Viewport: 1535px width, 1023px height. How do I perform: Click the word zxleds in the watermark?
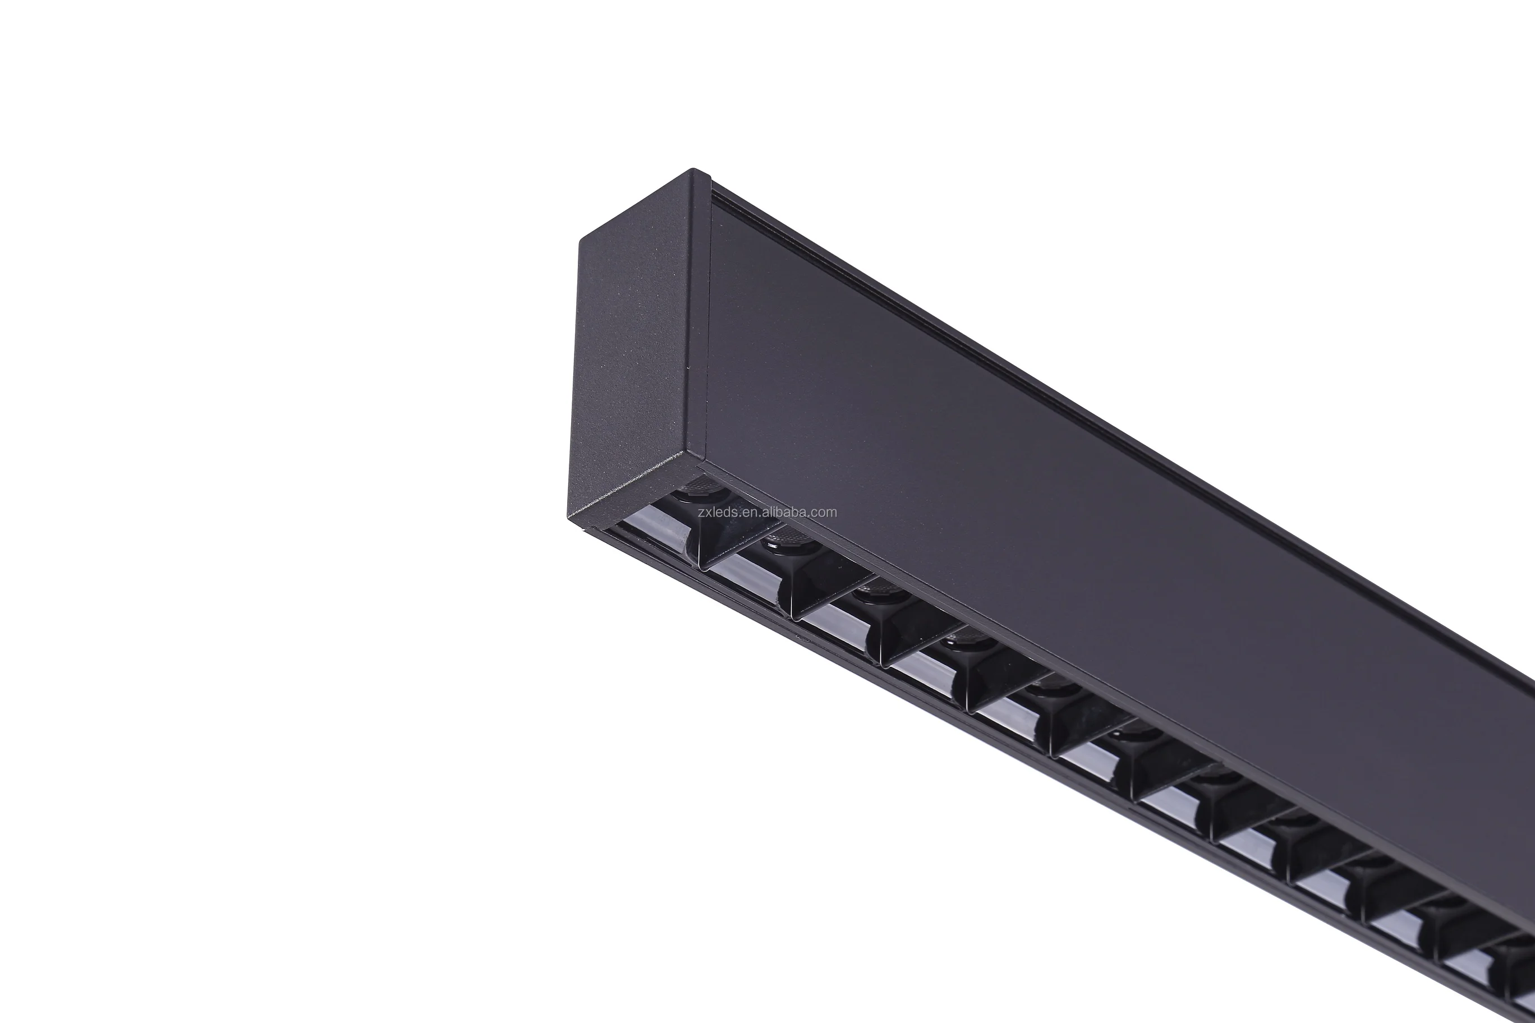click(718, 512)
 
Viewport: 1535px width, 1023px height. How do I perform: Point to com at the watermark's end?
click(825, 512)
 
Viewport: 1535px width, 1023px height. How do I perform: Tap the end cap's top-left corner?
click(581, 239)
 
